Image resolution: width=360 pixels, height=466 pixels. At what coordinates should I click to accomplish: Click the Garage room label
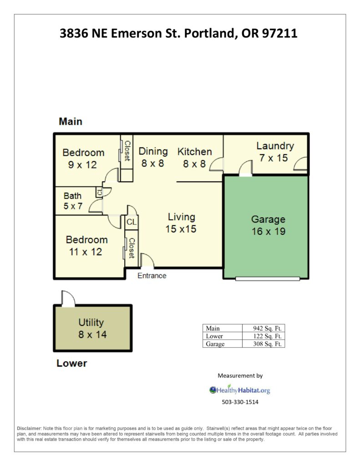point(269,225)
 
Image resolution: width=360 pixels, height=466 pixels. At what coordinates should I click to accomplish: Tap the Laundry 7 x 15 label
point(275,152)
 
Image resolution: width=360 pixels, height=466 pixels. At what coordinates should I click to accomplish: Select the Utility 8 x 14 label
point(92,329)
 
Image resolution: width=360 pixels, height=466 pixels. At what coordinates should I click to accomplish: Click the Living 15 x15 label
point(181,223)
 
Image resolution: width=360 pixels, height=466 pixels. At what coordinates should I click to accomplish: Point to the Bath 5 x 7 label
point(73,201)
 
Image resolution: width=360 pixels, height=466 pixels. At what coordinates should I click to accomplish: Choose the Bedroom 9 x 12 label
point(83,159)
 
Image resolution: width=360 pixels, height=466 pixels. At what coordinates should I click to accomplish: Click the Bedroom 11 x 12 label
point(86,246)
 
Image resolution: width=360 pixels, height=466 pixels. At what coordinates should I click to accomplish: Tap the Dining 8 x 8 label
point(153,157)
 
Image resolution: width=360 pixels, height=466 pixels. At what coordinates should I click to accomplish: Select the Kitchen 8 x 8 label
point(195,157)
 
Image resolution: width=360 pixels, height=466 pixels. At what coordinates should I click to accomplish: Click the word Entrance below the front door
point(152,276)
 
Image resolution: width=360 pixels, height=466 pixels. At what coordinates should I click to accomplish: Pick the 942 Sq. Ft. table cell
point(264,328)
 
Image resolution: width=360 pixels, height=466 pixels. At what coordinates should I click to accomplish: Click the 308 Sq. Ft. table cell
point(264,344)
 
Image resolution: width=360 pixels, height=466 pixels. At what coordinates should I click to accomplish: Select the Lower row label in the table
point(214,336)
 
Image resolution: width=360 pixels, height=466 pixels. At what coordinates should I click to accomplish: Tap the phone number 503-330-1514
point(240,402)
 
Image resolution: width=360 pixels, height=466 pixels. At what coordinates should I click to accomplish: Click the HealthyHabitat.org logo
point(239,390)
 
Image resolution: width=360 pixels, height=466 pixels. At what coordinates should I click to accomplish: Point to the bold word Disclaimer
point(29,429)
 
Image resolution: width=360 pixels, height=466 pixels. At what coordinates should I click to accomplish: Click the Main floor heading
point(71,122)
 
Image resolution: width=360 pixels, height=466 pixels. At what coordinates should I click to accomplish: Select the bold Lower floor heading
point(71,363)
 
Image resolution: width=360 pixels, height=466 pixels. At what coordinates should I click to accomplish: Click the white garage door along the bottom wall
point(268,279)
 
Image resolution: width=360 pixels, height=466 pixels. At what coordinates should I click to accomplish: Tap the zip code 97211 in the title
point(280,33)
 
